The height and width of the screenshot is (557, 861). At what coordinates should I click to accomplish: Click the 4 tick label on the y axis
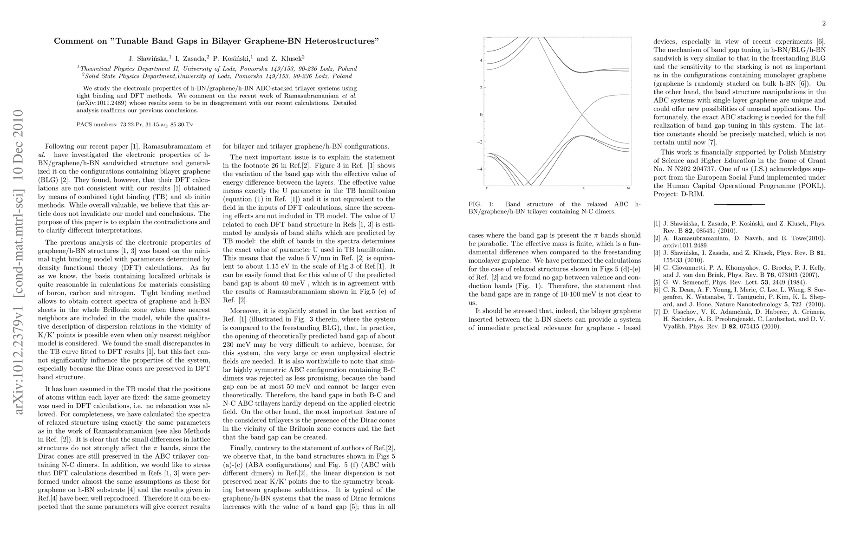click(482, 60)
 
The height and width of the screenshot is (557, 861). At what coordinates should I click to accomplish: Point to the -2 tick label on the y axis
click(481, 142)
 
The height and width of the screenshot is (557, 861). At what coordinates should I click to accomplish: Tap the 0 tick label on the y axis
click(482, 115)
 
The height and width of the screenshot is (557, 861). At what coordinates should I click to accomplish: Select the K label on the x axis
click(583, 188)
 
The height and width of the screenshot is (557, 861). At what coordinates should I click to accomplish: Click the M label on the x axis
click(628, 188)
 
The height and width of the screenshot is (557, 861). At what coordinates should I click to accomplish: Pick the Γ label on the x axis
click(486, 188)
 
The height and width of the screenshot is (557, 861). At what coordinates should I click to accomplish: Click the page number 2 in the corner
click(823, 24)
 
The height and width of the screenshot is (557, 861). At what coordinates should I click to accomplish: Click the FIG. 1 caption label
click(478, 204)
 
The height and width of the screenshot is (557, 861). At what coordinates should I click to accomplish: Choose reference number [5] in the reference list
click(657, 282)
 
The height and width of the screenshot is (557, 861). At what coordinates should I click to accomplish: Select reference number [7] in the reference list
click(657, 311)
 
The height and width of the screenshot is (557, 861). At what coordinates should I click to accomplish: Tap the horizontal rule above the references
click(739, 204)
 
